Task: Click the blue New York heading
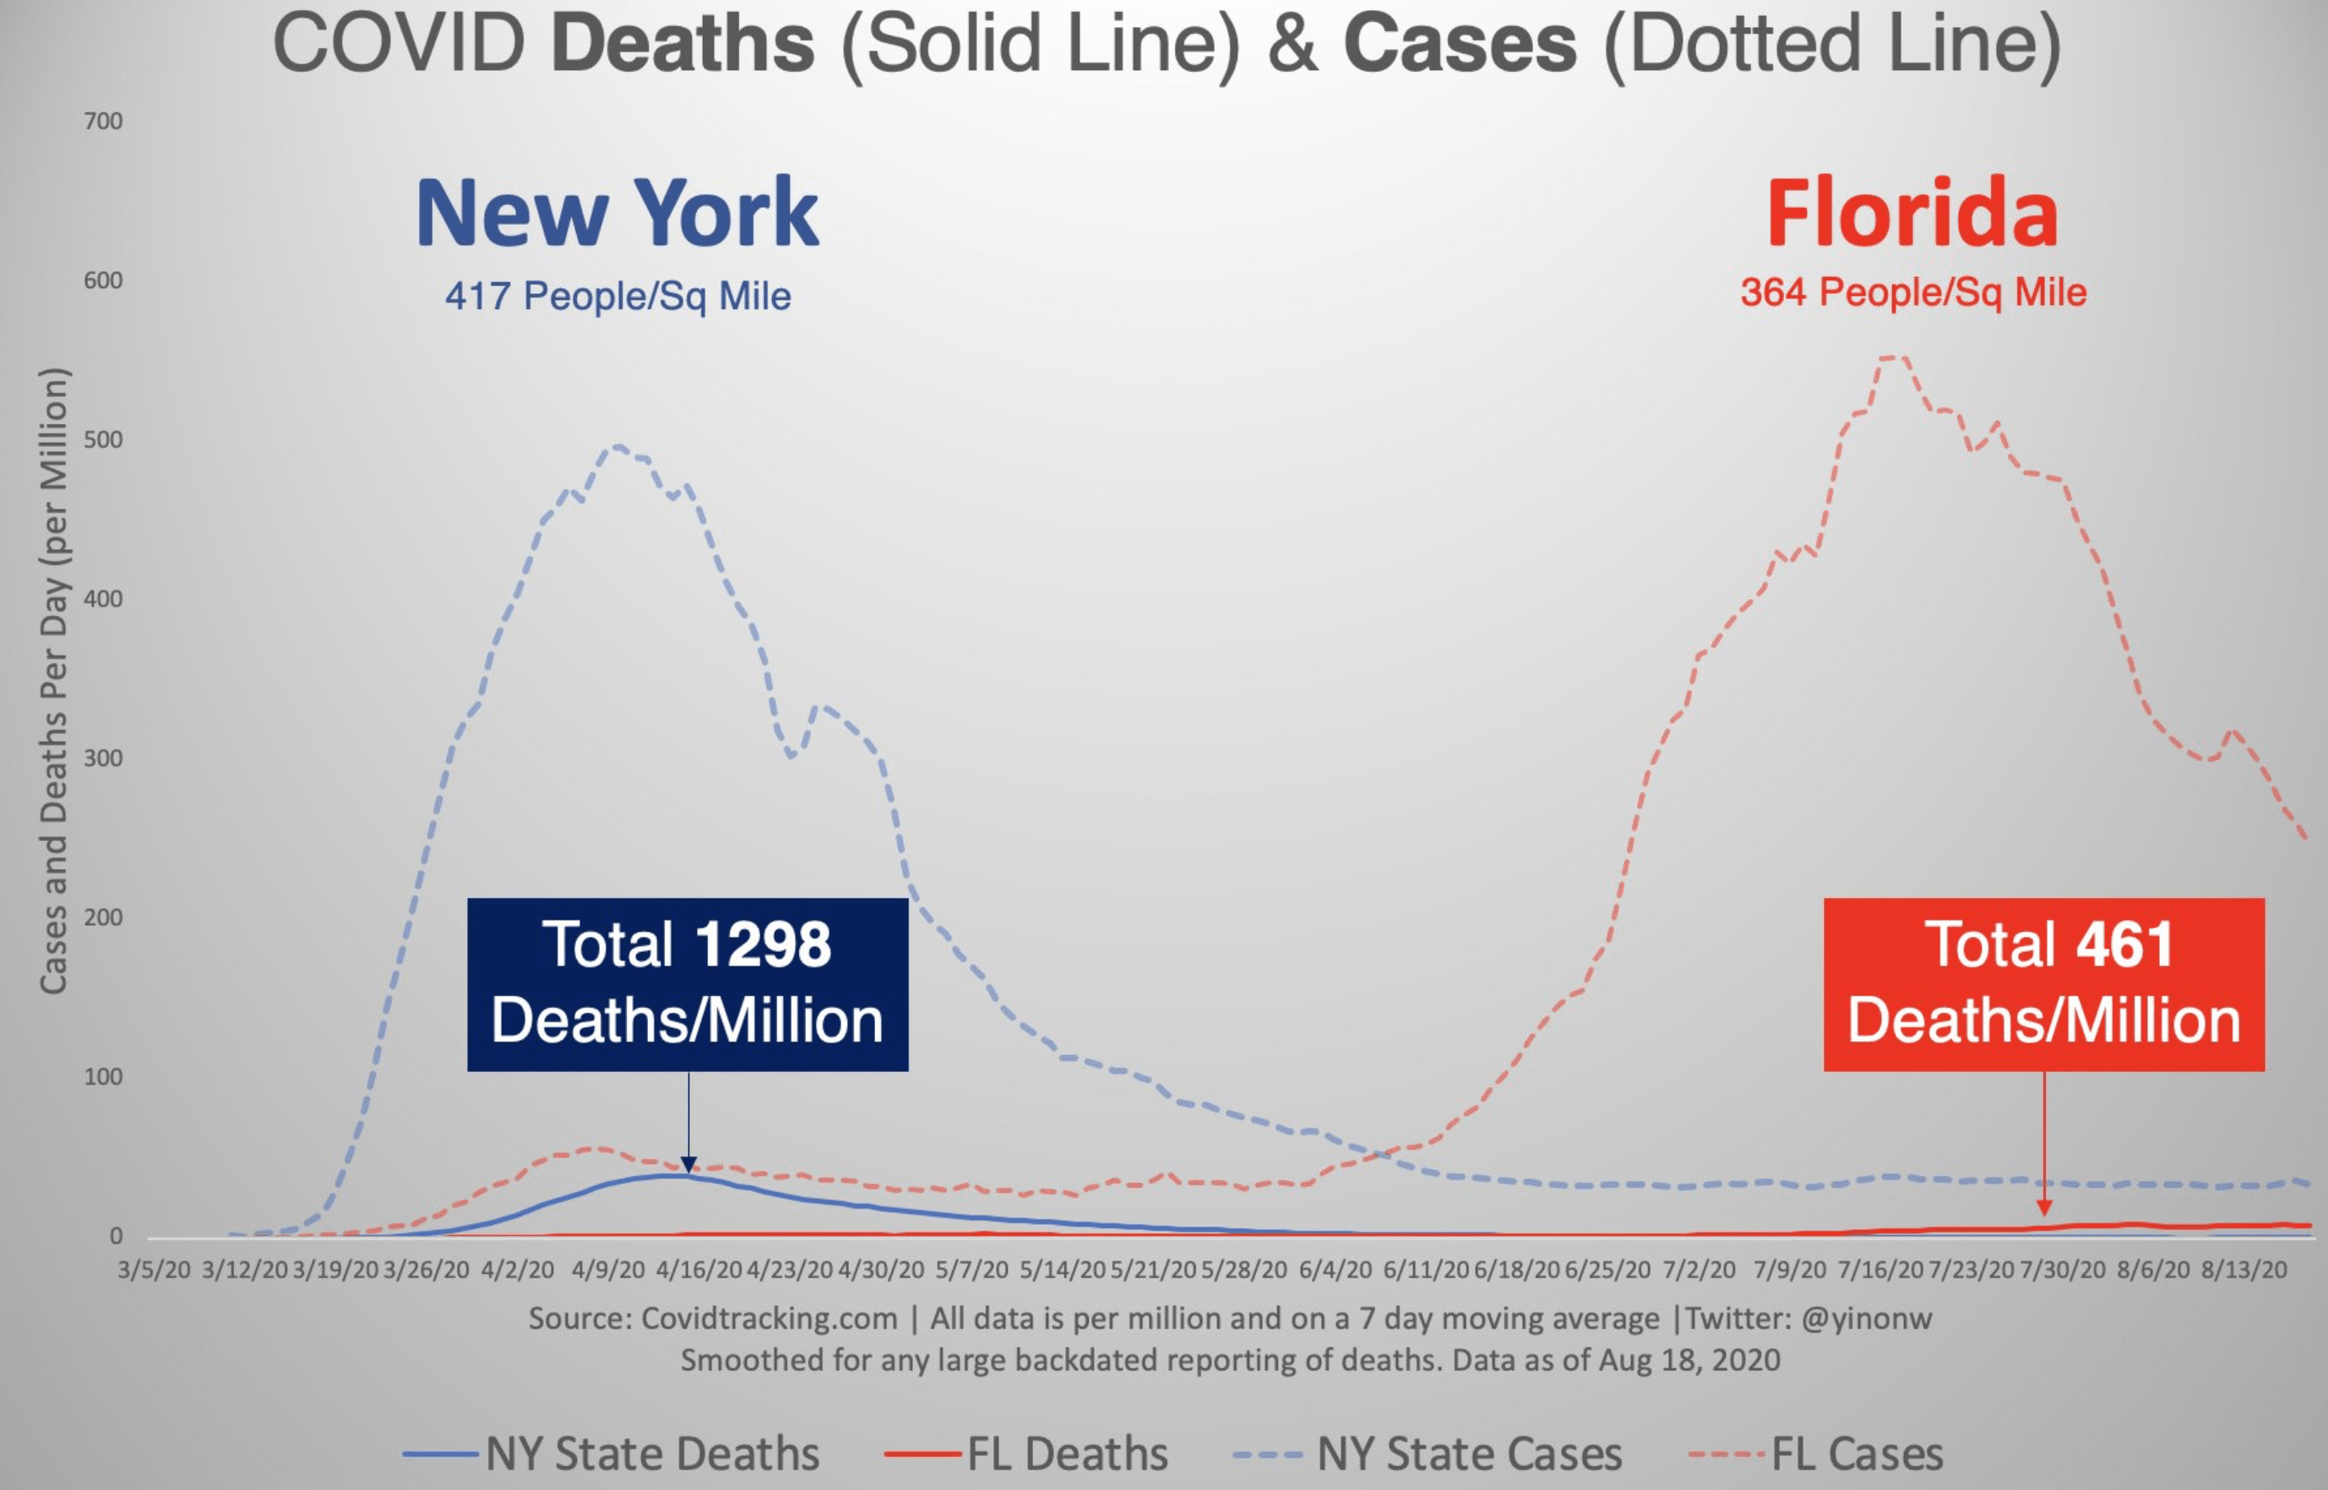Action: [617, 214]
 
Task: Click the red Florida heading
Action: [1912, 214]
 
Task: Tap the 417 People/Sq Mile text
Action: [617, 296]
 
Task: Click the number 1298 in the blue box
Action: [763, 944]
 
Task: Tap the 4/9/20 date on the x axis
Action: [607, 1270]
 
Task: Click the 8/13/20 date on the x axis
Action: [2244, 1270]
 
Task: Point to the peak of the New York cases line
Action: [617, 446]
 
